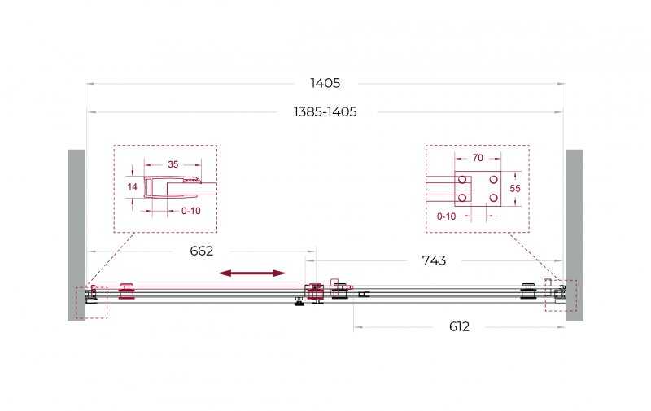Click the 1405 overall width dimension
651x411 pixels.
click(x=325, y=83)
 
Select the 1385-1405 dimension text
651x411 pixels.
click(x=325, y=111)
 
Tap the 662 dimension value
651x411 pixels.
click(x=201, y=251)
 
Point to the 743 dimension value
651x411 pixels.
click(x=434, y=260)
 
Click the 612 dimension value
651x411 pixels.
click(x=459, y=326)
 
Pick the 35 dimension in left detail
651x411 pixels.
click(x=173, y=164)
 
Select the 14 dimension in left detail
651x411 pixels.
click(x=133, y=187)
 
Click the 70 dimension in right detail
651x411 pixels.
click(x=478, y=158)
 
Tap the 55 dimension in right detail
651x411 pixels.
click(x=515, y=189)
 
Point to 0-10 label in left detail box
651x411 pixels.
click(x=191, y=211)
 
